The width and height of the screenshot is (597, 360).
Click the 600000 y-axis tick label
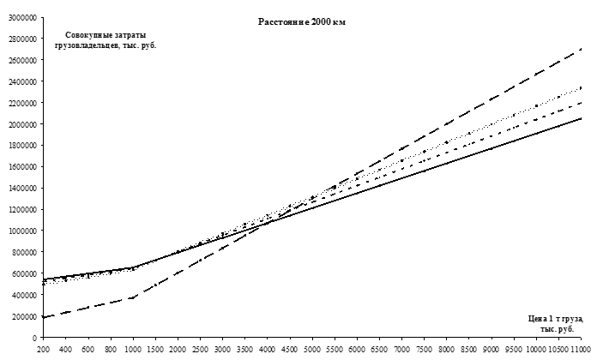(20, 273)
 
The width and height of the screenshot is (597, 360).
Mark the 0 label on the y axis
(32, 338)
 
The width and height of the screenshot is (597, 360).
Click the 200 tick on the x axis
(42, 350)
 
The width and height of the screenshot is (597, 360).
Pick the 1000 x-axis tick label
(132, 350)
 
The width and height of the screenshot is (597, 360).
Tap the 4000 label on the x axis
(268, 350)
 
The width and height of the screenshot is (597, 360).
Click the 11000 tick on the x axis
(583, 350)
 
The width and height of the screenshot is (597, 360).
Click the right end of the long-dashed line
(582, 49)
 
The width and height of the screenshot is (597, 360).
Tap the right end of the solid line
(582, 118)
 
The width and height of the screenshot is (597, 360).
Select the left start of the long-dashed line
(42, 317)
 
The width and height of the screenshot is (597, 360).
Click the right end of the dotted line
(582, 87)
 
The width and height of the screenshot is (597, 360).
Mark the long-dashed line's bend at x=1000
(132, 297)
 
